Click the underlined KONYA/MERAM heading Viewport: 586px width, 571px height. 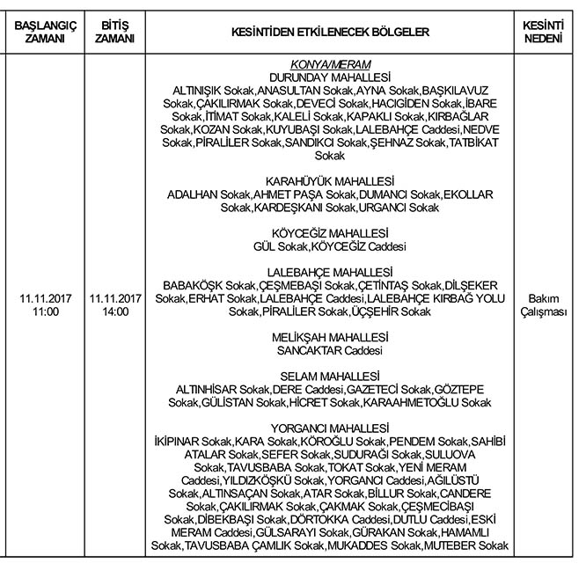coord(330,65)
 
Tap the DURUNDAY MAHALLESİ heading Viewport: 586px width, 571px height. coord(330,77)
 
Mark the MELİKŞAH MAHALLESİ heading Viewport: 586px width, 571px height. coord(330,337)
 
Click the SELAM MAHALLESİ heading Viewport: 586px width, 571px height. coord(330,376)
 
